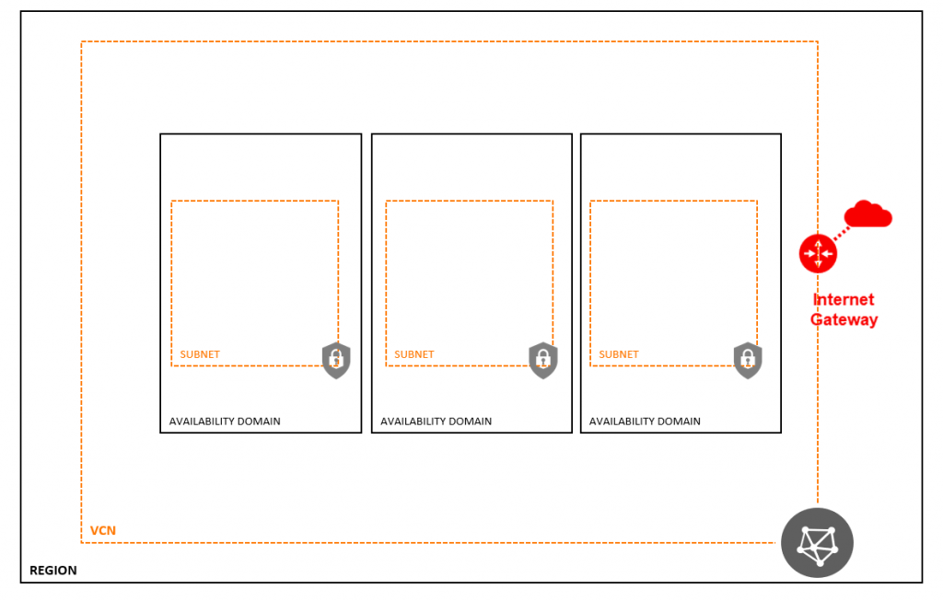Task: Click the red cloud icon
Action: [867, 214]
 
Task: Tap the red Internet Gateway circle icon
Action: [818, 254]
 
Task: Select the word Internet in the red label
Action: [844, 299]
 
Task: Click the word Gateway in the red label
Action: [844, 319]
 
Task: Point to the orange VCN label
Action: [103, 531]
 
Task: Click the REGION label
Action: [52, 571]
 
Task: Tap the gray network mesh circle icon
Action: [818, 543]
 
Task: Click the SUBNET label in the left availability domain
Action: [200, 354]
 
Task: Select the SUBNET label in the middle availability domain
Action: [413, 354]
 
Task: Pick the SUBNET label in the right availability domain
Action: [618, 354]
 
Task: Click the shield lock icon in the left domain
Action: [336, 361]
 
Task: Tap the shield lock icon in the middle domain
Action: [543, 361]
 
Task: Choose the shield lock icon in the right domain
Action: [748, 361]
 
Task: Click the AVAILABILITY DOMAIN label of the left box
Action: [225, 422]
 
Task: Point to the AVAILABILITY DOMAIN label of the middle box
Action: [436, 422]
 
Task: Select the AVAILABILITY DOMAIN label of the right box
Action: [645, 422]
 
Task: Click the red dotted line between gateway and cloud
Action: [843, 233]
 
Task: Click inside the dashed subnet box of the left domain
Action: [255, 276]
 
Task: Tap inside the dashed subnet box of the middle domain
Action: [469, 276]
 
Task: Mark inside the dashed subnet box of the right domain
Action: [673, 276]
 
